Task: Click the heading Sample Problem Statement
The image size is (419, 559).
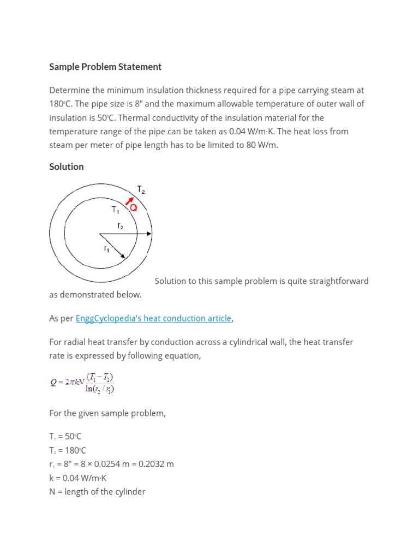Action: tap(105, 67)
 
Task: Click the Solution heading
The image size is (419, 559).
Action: tap(67, 166)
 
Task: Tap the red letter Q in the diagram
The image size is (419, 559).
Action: tap(133, 208)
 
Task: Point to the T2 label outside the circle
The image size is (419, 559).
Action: tap(141, 191)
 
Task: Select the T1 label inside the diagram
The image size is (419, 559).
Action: tap(116, 210)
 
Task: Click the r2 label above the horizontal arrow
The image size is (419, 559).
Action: tap(120, 225)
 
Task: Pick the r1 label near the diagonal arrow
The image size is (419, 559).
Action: tap(107, 249)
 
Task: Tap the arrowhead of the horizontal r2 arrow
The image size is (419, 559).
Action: tap(149, 234)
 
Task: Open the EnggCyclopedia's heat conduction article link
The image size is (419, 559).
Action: tap(153, 318)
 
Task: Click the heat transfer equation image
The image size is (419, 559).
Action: tap(82, 383)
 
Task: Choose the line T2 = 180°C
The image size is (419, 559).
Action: tap(68, 450)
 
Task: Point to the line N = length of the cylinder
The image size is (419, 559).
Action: tap(97, 491)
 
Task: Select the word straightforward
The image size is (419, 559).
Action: tap(336, 281)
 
